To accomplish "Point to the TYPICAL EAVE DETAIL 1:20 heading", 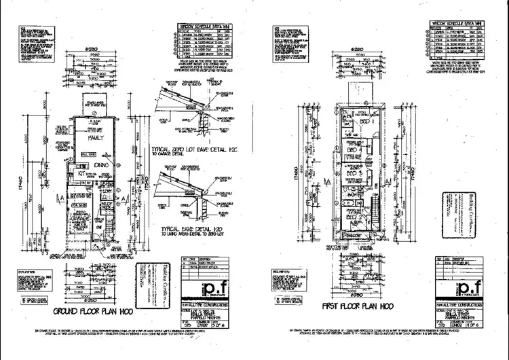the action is click(x=197, y=230).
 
